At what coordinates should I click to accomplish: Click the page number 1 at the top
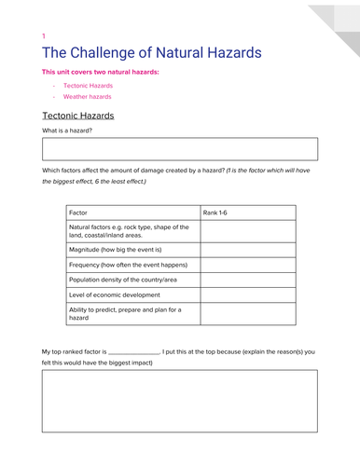pos(43,36)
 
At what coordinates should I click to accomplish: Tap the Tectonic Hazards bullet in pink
pos(88,85)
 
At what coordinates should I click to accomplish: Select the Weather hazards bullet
pos(87,96)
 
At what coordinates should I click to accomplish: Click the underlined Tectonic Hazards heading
pos(78,116)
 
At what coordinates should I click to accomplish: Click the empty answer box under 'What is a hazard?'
pos(179,149)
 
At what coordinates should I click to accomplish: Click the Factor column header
pos(81,212)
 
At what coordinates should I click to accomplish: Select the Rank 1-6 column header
pos(215,212)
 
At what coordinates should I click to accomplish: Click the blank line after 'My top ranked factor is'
pos(133,351)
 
